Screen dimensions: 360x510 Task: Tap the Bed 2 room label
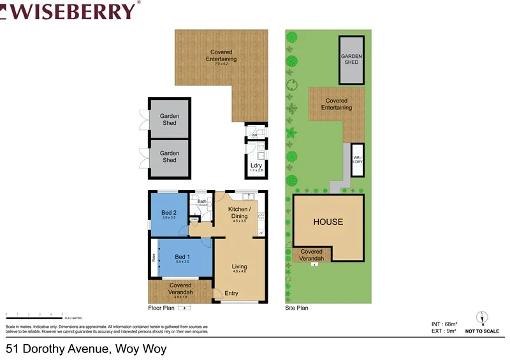coord(168,212)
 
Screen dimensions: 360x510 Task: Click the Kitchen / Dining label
coord(240,213)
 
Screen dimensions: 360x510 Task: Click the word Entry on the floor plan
coord(231,294)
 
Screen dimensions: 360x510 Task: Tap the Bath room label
coord(202,202)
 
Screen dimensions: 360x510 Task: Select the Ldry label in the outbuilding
coord(256,167)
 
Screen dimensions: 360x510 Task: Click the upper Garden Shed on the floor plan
coord(169,119)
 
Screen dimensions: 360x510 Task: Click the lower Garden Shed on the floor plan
coord(169,156)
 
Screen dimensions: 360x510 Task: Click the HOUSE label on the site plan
coord(328,222)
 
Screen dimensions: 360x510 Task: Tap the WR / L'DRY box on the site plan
coord(358,159)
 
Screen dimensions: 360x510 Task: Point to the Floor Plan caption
coord(161,308)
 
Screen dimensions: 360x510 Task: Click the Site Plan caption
coord(296,308)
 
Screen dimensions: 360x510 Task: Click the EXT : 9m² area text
coord(445,331)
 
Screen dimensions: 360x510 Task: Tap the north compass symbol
coord(483,318)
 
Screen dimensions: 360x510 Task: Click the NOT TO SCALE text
coord(483,331)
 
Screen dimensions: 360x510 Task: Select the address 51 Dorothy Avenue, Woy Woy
coord(90,349)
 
